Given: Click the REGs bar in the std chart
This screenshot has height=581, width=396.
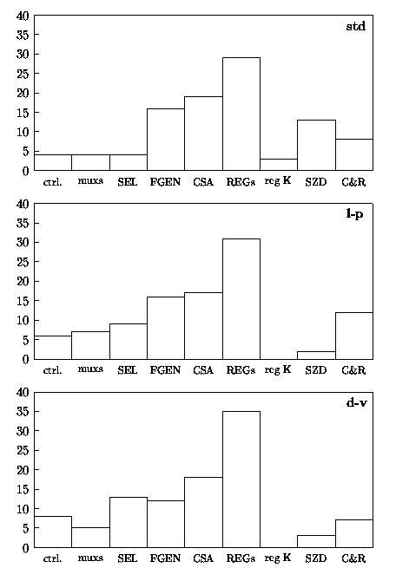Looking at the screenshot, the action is (x=241, y=114).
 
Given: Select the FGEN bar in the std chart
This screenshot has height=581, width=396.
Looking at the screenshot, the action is (x=166, y=140).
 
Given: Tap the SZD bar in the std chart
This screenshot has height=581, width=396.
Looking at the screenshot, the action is (x=316, y=146).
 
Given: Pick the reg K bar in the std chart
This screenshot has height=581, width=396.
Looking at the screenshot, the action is (x=279, y=165).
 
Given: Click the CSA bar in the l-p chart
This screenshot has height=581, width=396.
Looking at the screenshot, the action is (x=203, y=326).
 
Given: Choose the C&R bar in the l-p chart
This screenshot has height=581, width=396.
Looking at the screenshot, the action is (x=354, y=336).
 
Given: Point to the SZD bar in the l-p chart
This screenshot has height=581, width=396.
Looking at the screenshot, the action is (x=316, y=355).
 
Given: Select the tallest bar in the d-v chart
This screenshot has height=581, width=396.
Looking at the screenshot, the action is (x=241, y=479).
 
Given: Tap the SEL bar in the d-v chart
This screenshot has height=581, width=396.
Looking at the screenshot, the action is (x=129, y=522).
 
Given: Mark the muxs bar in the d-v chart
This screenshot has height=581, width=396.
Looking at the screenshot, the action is (x=90, y=538).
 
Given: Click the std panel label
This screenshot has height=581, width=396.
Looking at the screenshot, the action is (x=355, y=26).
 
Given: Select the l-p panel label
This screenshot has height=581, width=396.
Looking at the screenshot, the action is (x=354, y=214).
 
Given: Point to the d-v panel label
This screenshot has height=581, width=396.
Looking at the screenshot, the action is (x=356, y=402).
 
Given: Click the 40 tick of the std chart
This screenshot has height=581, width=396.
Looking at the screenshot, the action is (x=23, y=16).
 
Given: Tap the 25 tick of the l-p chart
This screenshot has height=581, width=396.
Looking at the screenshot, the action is (x=23, y=262).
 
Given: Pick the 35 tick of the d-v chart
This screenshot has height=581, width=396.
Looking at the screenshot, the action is (x=23, y=412).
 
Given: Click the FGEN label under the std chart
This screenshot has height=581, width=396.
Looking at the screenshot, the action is (x=165, y=182).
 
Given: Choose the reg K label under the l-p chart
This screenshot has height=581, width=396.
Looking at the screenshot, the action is (x=278, y=369).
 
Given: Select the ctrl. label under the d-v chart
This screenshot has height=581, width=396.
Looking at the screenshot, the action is (x=52, y=558).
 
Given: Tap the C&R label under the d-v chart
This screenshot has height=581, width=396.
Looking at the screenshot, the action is (x=353, y=558).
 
